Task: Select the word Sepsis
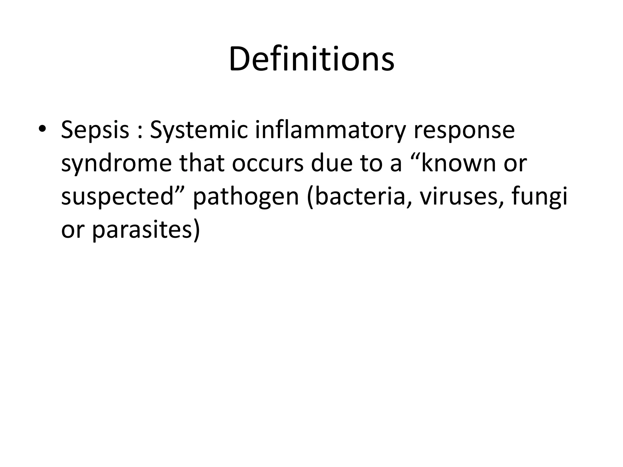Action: (x=95, y=130)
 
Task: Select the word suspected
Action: (x=117, y=197)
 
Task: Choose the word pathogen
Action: (x=246, y=197)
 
